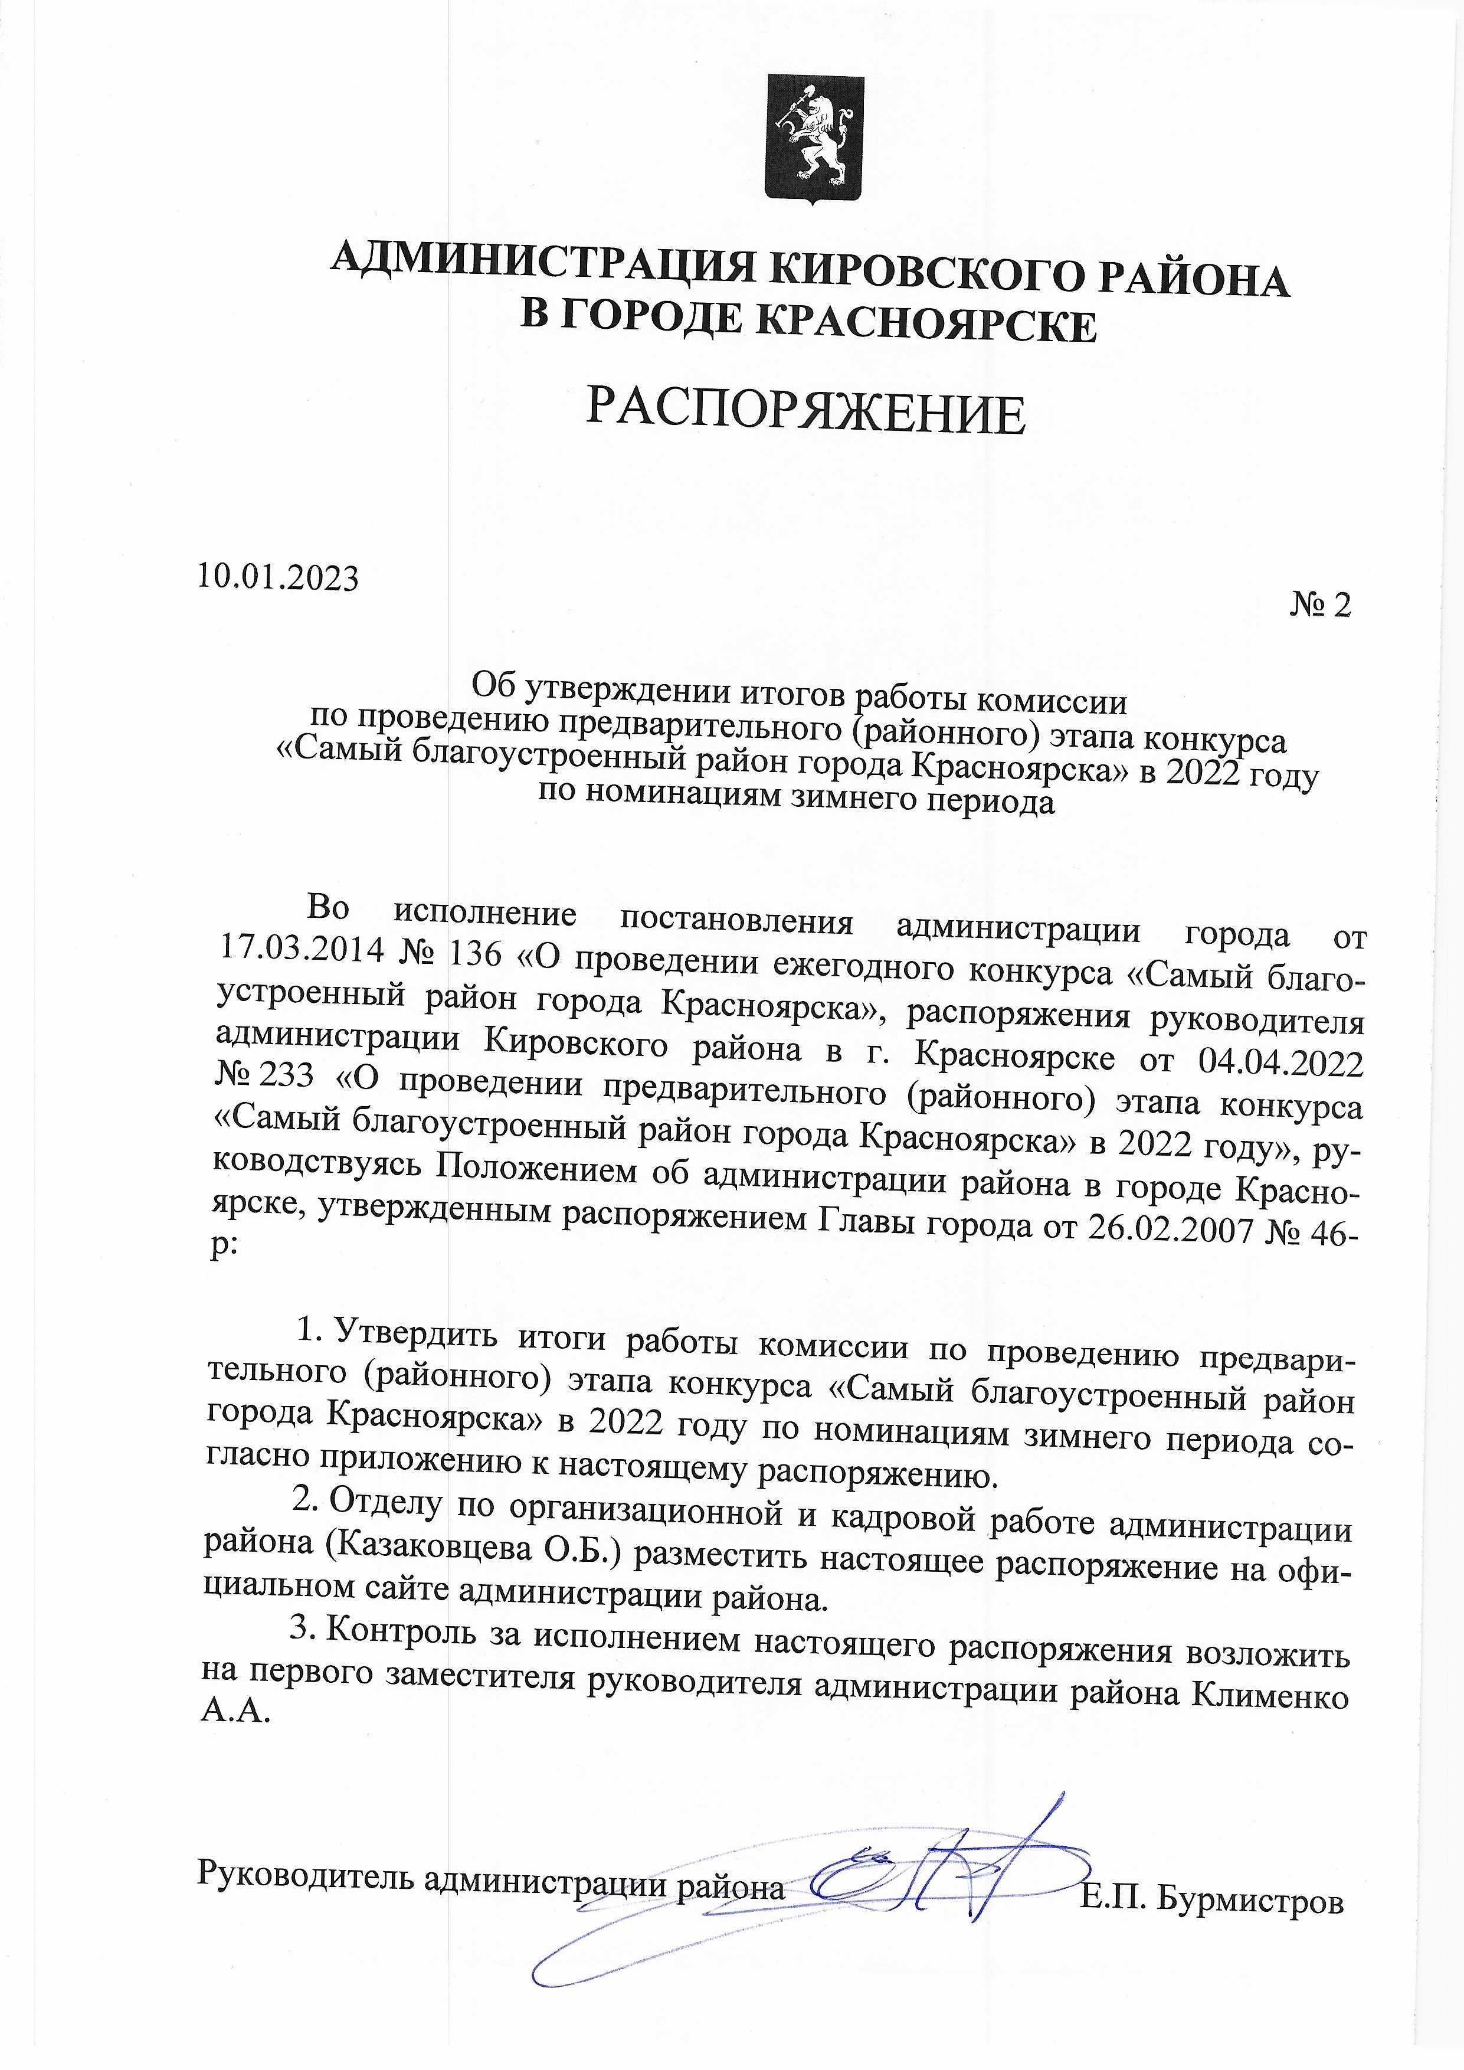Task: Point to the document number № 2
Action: coord(1320,605)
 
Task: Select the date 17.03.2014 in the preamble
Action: coord(301,949)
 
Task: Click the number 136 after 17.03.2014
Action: coord(473,953)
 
